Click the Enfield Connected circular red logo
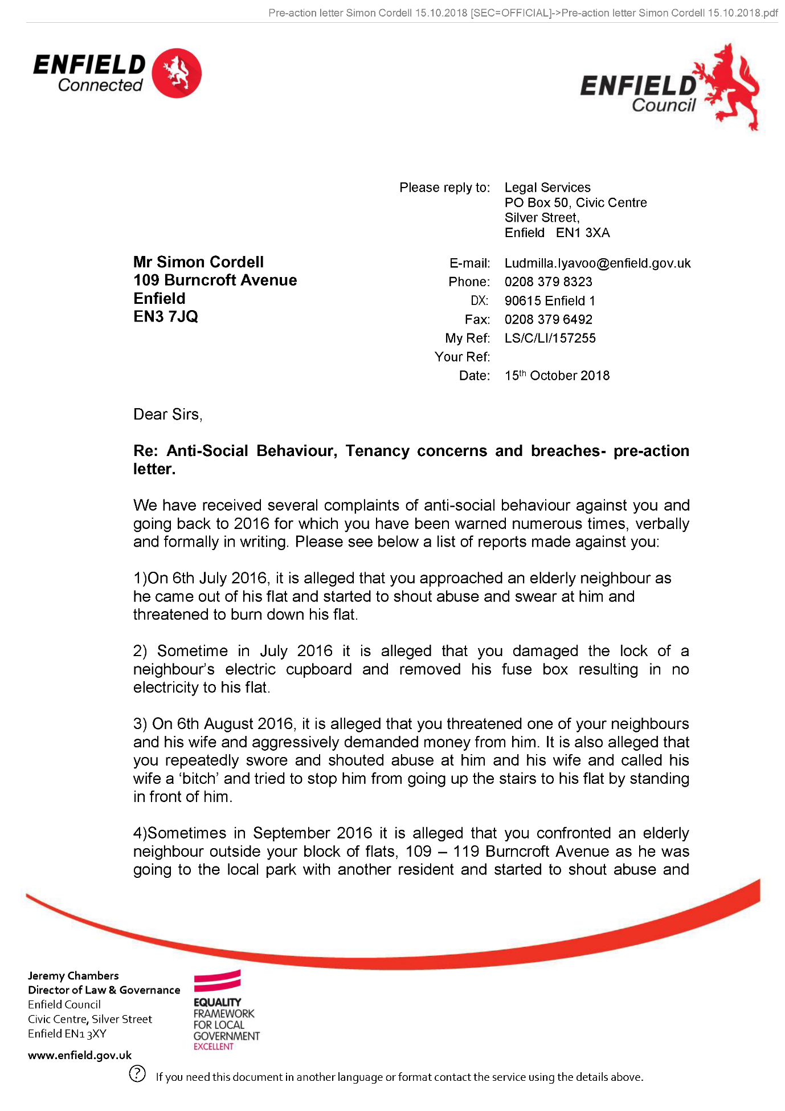click(x=177, y=73)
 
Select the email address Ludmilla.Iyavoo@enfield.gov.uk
click(x=597, y=263)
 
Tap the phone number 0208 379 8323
click(x=548, y=282)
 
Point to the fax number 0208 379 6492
click(x=548, y=320)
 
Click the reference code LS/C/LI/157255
click(x=550, y=339)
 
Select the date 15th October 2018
click(x=557, y=376)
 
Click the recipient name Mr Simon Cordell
click(x=198, y=262)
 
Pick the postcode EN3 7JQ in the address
click(x=165, y=317)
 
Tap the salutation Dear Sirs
click(x=167, y=414)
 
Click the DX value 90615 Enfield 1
click(x=549, y=301)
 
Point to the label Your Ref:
click(x=462, y=357)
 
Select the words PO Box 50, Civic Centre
click(x=575, y=203)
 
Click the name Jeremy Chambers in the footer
click(x=73, y=976)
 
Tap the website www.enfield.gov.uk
click(x=80, y=1055)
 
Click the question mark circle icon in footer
click(x=137, y=1073)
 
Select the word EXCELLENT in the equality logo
click(x=213, y=1047)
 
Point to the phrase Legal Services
click(x=547, y=188)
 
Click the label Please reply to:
click(x=444, y=188)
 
